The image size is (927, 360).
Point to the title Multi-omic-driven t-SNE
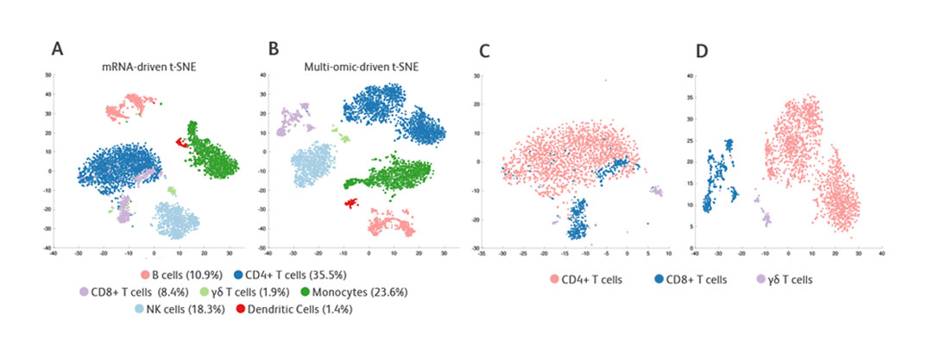tap(363, 66)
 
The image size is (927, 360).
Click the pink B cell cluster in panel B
tap(388, 226)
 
